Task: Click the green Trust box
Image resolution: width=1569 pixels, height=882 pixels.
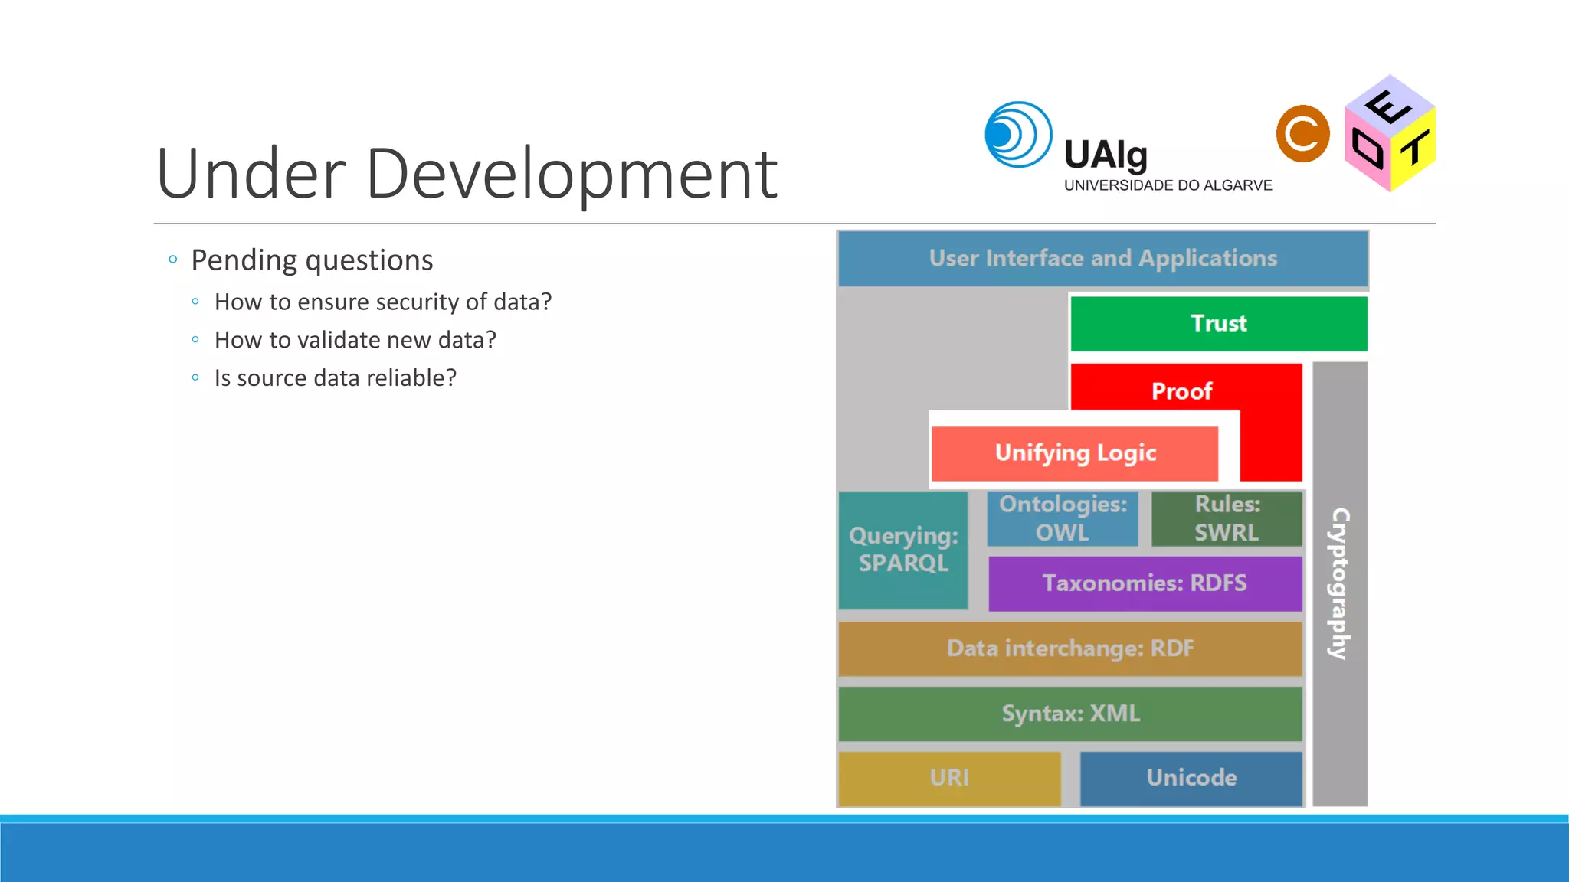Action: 1218,323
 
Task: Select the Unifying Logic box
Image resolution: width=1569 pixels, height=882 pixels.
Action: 1074,453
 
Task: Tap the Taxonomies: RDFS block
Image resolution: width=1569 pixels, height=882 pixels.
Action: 1145,583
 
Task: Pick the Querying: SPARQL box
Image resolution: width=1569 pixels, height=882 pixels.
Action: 903,550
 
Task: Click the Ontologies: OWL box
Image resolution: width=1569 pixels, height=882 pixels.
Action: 1063,518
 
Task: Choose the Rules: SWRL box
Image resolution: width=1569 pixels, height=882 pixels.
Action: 1227,518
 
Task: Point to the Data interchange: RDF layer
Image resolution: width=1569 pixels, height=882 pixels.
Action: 1070,648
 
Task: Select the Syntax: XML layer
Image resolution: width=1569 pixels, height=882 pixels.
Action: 1070,714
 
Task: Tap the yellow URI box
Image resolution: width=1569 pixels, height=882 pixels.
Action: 949,778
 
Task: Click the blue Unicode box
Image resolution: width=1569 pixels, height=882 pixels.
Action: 1191,778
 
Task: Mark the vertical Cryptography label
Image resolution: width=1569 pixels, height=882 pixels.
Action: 1340,583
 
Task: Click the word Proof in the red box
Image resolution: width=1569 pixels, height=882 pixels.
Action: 1181,391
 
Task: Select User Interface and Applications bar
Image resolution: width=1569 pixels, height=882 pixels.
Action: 1102,259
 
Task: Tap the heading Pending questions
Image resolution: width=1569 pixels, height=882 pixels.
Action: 312,260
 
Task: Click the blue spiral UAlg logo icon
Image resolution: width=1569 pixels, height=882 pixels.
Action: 1018,135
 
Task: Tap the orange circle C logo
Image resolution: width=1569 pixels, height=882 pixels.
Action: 1302,134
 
